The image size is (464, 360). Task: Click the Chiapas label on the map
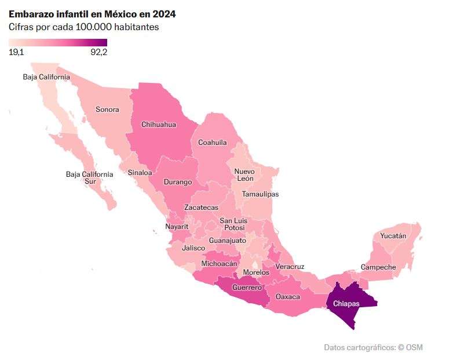[x=346, y=303]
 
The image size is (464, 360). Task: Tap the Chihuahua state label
[x=159, y=124]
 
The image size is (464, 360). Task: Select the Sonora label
[x=107, y=110]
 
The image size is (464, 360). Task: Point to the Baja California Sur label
[x=89, y=177]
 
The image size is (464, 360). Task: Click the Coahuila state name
[x=213, y=143]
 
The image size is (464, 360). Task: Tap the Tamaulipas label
[x=260, y=194]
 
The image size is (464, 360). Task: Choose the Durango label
[x=178, y=182]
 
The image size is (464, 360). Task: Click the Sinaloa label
[x=140, y=172]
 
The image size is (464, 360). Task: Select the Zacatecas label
[x=201, y=208]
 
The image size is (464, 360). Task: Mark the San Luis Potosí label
[x=234, y=224]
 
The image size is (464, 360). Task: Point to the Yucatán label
[x=393, y=236]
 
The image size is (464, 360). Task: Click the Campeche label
[x=378, y=267]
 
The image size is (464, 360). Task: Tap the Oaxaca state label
[x=288, y=297]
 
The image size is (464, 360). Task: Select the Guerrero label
[x=247, y=288]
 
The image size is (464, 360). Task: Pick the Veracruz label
[x=290, y=267]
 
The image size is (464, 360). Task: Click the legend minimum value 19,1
[x=16, y=52]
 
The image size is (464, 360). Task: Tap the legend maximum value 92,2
[x=99, y=52]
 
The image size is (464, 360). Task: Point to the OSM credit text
[x=414, y=347]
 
